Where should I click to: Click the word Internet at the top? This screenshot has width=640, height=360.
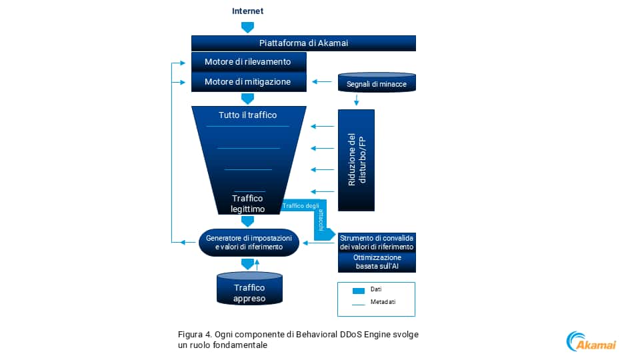(247, 11)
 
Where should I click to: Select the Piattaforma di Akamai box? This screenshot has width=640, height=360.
(303, 43)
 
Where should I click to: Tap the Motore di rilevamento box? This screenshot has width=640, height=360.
(247, 62)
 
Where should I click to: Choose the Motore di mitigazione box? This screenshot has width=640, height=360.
(247, 81)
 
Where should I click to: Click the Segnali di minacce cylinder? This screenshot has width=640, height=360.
(377, 83)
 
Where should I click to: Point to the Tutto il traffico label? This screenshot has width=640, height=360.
(247, 115)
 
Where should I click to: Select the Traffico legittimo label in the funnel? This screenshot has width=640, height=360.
(247, 203)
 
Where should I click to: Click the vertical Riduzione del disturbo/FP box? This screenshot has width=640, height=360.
(357, 160)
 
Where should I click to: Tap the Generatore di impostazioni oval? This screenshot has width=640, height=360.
(248, 242)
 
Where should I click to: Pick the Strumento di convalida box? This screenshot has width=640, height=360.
(377, 242)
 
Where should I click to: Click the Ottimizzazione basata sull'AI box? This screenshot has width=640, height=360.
(377, 262)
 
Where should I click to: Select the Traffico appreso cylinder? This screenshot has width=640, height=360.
(249, 291)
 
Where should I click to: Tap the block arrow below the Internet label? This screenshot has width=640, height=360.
(247, 27)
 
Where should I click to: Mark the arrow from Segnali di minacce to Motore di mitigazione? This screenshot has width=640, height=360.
(323, 82)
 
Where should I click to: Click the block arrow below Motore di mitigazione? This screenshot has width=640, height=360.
(247, 99)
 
